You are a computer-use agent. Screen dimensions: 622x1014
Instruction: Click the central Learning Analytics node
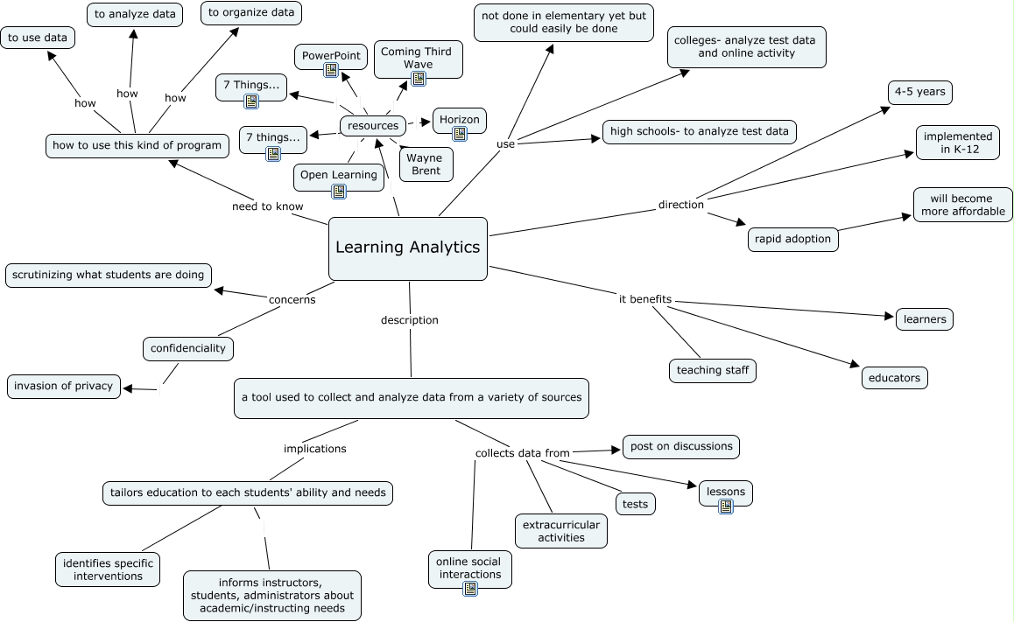[x=408, y=248]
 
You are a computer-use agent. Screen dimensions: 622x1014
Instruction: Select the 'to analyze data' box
[x=135, y=14]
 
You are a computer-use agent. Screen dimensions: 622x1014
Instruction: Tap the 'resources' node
[x=373, y=126]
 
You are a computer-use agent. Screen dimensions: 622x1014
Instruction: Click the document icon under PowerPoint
[x=331, y=70]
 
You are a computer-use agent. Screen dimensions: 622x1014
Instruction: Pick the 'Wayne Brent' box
[x=426, y=164]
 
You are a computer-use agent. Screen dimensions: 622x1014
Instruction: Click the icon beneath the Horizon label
[x=460, y=134]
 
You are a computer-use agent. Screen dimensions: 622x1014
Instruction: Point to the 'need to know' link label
[x=267, y=207]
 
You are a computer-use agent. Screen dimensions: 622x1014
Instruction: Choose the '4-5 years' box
[x=919, y=92]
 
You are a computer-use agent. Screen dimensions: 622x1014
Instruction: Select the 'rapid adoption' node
[x=793, y=239]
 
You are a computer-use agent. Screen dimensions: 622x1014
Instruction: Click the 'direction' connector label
[x=681, y=205]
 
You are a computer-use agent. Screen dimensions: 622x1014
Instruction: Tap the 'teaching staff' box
[x=713, y=371]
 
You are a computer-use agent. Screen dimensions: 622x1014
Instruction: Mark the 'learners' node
[x=925, y=319]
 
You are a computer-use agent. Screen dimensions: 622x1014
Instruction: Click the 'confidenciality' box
[x=188, y=348]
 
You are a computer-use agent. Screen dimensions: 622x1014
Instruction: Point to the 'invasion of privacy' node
[x=64, y=386]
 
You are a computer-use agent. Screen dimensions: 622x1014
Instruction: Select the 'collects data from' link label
[x=523, y=453]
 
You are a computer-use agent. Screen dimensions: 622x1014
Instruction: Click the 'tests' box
[x=636, y=504]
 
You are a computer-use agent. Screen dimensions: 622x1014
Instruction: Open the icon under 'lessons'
[x=726, y=506]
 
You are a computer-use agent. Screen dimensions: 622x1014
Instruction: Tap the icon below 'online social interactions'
[x=470, y=589]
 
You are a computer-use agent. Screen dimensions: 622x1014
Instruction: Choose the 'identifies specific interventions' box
[x=108, y=570]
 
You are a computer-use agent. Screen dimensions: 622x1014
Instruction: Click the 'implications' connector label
[x=315, y=449]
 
